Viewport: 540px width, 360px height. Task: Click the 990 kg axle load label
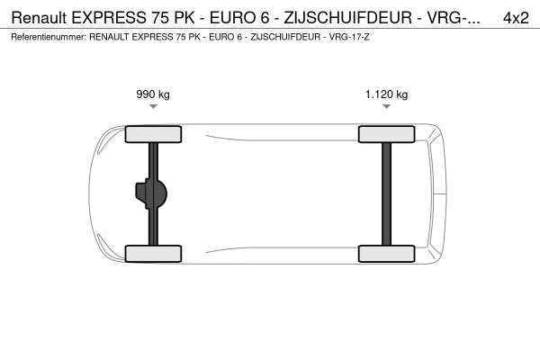[153, 94]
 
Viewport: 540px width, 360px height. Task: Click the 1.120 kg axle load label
[386, 94]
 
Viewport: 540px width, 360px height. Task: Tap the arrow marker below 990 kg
[153, 107]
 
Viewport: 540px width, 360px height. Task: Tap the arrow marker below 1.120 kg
[386, 107]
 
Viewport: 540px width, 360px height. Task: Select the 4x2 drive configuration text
[516, 17]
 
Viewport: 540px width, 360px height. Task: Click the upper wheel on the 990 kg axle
[154, 134]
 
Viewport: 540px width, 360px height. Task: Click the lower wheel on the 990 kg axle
[154, 254]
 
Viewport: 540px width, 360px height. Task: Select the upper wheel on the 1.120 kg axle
[386, 134]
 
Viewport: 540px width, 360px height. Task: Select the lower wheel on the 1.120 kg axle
[386, 254]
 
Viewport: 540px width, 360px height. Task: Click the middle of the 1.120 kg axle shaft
[386, 193]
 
